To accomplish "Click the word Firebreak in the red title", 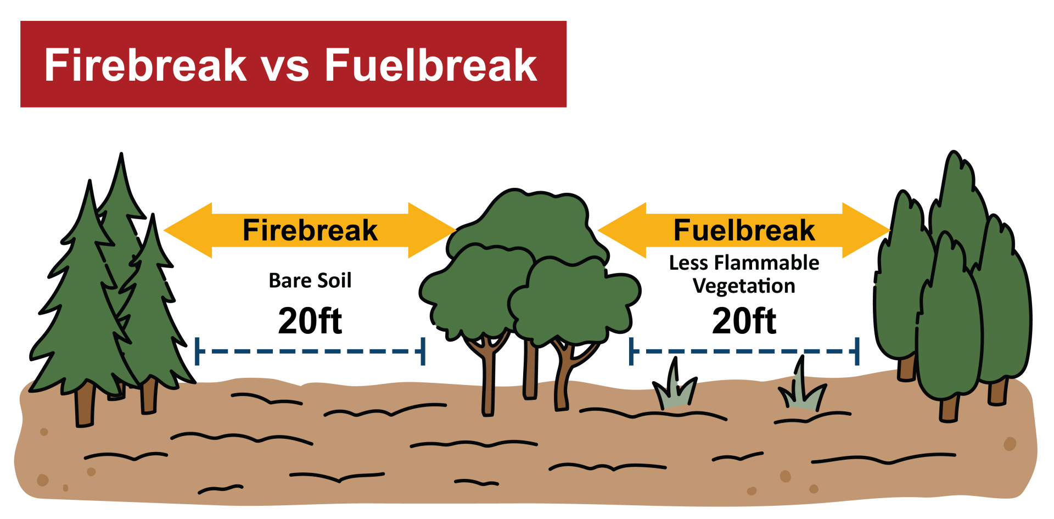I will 145,65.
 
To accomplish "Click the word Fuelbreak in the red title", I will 431,65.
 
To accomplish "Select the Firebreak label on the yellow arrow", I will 310,230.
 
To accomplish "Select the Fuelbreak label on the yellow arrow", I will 744,230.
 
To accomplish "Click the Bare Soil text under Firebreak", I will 310,281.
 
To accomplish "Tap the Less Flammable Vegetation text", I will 744,275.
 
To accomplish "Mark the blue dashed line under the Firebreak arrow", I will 310,351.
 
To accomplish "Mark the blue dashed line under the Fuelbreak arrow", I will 744,351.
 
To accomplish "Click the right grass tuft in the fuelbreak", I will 803,391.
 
